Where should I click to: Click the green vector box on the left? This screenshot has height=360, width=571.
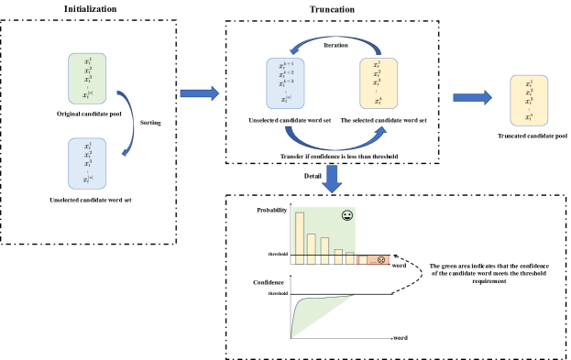[x=87, y=78]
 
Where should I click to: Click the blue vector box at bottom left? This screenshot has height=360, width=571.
[x=87, y=163]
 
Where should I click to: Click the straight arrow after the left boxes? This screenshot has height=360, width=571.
[x=199, y=93]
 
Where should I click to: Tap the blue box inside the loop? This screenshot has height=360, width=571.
[x=285, y=83]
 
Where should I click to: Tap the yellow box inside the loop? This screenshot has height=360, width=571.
[x=379, y=83]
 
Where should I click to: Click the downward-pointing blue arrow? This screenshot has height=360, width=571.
[x=332, y=178]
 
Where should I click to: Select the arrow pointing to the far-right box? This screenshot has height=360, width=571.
[x=472, y=98]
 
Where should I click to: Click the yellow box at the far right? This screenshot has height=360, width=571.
[x=529, y=100]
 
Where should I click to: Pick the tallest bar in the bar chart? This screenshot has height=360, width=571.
[x=300, y=233]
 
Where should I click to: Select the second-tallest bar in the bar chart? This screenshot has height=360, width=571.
[x=312, y=244]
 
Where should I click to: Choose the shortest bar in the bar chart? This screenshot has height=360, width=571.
[x=350, y=253]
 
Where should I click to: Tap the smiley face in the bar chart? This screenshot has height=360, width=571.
[x=346, y=215]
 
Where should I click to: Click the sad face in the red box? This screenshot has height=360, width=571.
[x=381, y=260]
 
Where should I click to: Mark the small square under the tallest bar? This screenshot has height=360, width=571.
[x=300, y=260]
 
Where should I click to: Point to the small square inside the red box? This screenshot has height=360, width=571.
[x=363, y=260]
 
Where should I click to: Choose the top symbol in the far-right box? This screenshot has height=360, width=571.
[x=529, y=83]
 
